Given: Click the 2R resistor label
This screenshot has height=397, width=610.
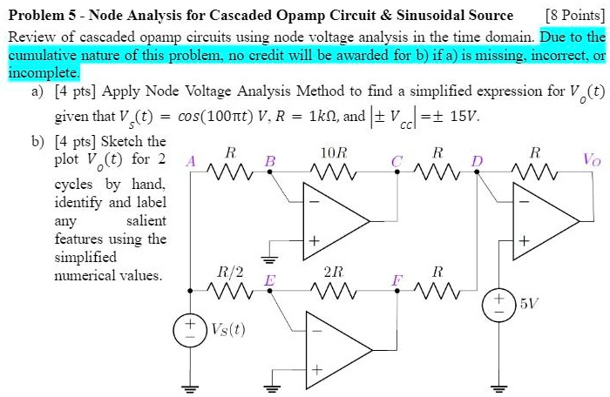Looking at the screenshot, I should [334, 270].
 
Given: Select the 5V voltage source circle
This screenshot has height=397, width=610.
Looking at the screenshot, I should [499, 304].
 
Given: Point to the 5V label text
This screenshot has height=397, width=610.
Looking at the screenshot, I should [529, 304].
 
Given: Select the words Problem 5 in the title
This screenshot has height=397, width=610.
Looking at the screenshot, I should [42, 15].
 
